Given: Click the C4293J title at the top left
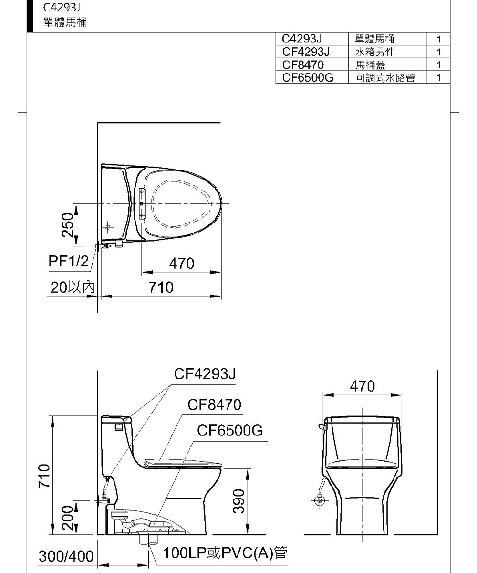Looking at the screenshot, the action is click(x=62, y=8).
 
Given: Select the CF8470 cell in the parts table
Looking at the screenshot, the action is click(x=303, y=65).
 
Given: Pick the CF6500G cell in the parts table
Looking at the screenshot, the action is click(x=308, y=78).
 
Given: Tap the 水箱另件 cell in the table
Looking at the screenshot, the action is click(x=375, y=52).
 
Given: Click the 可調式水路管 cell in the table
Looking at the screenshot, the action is click(x=385, y=78).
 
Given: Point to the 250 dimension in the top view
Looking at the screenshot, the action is click(x=68, y=225).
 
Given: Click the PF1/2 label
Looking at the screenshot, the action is click(x=69, y=261).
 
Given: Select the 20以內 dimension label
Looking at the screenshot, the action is click(x=73, y=287).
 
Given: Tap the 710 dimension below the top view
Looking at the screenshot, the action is click(x=161, y=287).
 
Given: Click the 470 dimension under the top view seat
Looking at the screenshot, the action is click(x=181, y=263).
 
